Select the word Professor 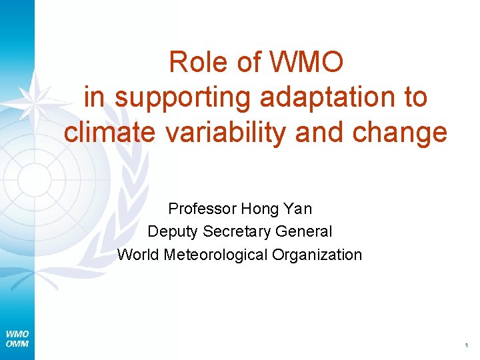202,209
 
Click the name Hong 260,209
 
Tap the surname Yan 297,209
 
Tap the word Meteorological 215,254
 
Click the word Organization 318,254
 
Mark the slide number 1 467,345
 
